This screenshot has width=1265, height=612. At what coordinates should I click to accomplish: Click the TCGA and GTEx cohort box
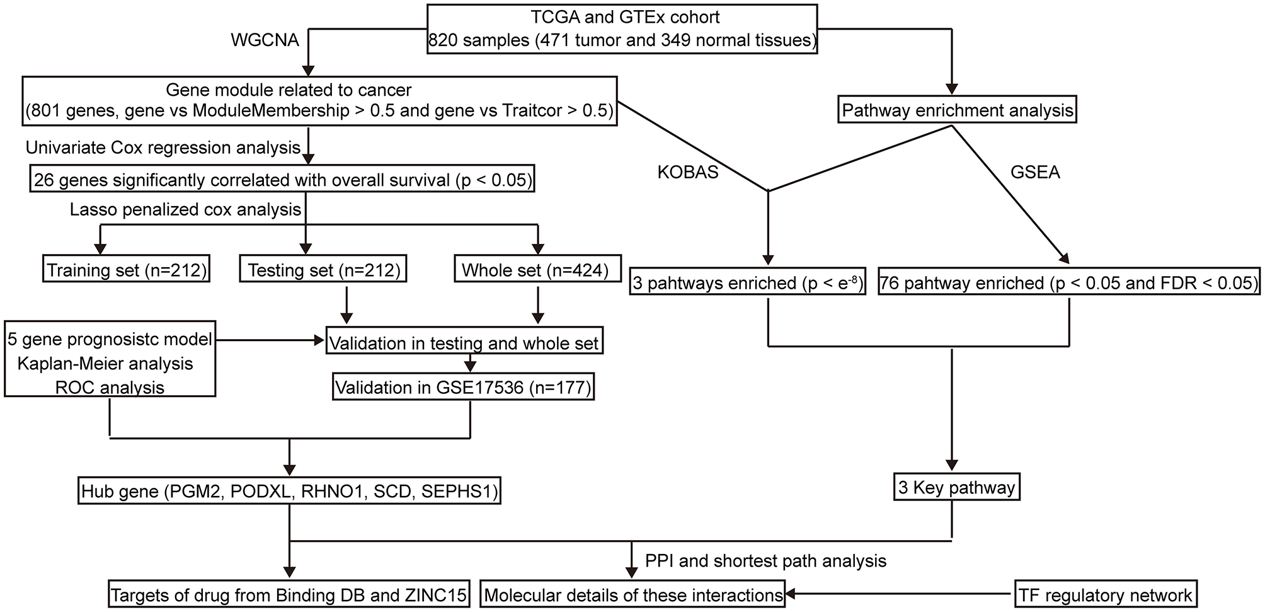pyautogui.click(x=622, y=29)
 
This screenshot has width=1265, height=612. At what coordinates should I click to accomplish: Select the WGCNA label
pyautogui.click(x=265, y=40)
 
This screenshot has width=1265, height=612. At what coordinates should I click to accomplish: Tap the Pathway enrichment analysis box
pyautogui.click(x=958, y=111)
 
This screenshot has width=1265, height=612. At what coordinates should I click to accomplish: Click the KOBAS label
pyautogui.click(x=688, y=173)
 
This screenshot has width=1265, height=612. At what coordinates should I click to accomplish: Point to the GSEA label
pyautogui.click(x=1034, y=173)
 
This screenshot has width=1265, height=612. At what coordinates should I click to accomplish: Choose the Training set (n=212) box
pyautogui.click(x=127, y=270)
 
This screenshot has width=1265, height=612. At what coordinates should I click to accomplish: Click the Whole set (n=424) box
pyautogui.click(x=536, y=270)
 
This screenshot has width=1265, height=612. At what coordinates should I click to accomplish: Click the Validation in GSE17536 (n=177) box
pyautogui.click(x=463, y=387)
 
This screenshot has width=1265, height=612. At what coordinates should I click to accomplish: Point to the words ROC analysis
pyautogui.click(x=110, y=387)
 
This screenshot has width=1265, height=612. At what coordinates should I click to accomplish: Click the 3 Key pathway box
pyautogui.click(x=956, y=488)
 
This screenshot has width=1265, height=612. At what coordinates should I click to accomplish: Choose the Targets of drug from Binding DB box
pyautogui.click(x=289, y=595)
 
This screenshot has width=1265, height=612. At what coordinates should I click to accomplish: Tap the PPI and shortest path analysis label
pyautogui.click(x=765, y=560)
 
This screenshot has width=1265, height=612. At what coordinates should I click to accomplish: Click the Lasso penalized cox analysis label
pyautogui.click(x=186, y=209)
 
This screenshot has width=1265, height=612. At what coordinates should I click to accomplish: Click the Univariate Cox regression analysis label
pyautogui.click(x=163, y=147)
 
